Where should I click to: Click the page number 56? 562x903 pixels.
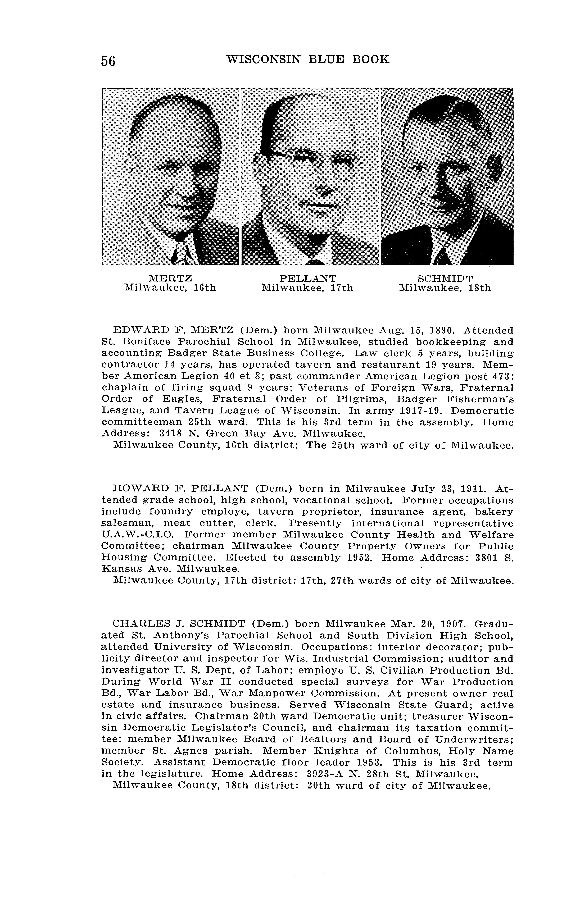click(x=108, y=61)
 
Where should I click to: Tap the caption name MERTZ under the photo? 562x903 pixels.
click(x=170, y=278)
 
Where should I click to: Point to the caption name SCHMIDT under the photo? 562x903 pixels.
click(x=445, y=278)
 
